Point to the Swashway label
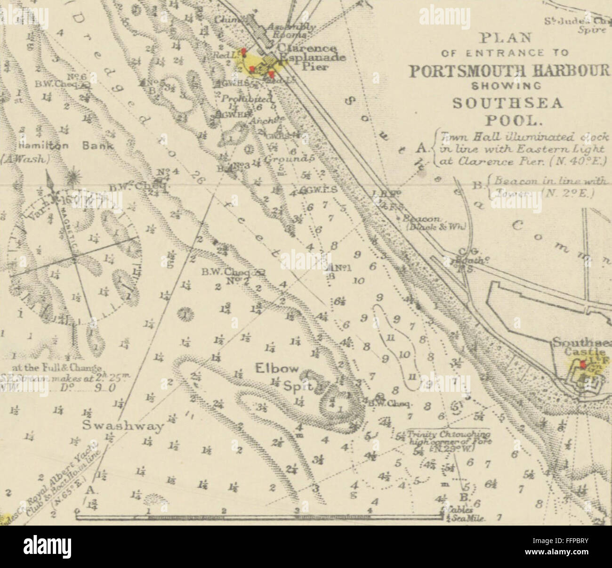(x=123, y=426)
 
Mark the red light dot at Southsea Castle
(x=583, y=364)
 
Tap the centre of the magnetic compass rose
(x=74, y=258)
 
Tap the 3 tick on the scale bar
(x=297, y=511)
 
